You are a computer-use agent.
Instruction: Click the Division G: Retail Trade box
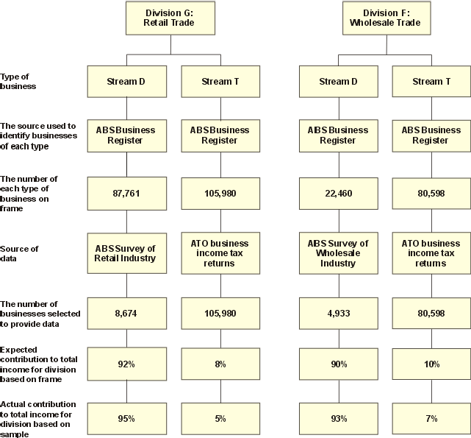click(x=170, y=18)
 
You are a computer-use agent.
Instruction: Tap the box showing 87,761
click(x=126, y=194)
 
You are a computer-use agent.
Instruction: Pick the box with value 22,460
click(x=338, y=194)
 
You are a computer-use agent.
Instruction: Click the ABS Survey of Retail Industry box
click(x=126, y=253)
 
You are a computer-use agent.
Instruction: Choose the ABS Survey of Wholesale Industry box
click(x=338, y=253)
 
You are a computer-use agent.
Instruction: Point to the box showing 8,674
click(x=126, y=313)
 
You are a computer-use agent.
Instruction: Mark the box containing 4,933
click(x=338, y=313)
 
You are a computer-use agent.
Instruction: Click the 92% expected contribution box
click(x=126, y=364)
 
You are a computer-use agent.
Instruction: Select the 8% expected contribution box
click(x=220, y=364)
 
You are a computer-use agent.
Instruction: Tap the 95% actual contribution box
click(x=126, y=418)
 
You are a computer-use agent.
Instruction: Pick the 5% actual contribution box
click(x=220, y=418)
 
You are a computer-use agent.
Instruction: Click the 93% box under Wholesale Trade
click(x=338, y=418)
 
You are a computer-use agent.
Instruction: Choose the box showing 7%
click(x=431, y=418)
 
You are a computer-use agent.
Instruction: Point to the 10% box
click(x=431, y=364)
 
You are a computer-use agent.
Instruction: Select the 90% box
click(x=338, y=364)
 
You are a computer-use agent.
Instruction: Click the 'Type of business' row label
click(x=19, y=81)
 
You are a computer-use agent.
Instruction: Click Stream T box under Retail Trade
click(x=220, y=81)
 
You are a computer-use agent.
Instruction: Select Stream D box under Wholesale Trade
click(x=338, y=81)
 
